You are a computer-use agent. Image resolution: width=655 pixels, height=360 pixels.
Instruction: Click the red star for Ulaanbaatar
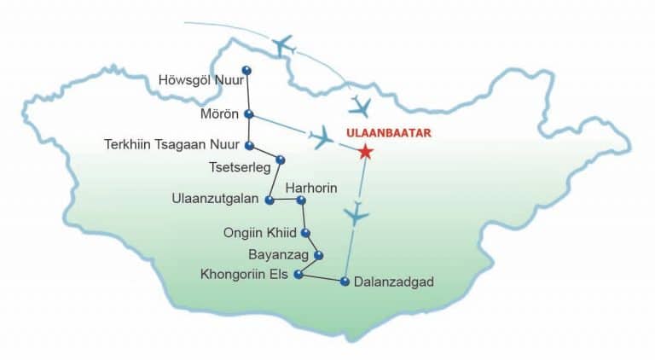tap(365, 152)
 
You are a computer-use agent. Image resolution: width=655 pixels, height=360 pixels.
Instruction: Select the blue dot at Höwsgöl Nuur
tap(246, 70)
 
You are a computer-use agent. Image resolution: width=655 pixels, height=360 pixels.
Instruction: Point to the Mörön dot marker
tap(248, 113)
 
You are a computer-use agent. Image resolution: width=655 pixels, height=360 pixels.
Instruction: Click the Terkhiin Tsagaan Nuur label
tap(171, 144)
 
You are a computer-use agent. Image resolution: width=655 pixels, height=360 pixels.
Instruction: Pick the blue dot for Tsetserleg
tap(280, 160)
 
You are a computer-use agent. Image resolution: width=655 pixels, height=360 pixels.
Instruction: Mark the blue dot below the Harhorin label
tap(300, 200)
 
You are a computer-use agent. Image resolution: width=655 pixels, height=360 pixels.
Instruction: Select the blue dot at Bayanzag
tap(318, 254)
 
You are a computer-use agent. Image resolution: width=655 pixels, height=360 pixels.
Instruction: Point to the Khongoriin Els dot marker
tap(298, 274)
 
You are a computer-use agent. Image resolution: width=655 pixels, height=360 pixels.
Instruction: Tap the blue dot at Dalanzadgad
tap(345, 281)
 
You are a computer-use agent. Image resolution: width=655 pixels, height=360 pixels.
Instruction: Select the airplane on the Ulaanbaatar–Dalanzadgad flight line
tap(356, 215)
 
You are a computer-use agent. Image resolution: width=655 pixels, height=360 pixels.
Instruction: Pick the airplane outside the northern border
tap(283, 44)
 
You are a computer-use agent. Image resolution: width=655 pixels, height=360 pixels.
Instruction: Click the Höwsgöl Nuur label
tap(199, 80)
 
